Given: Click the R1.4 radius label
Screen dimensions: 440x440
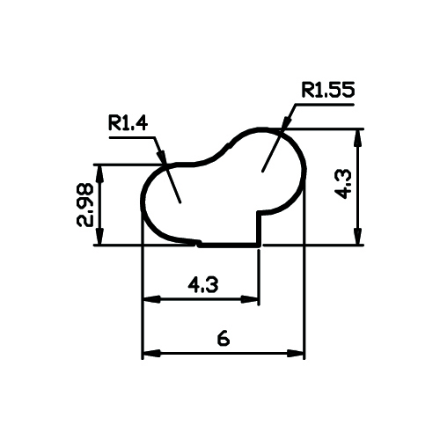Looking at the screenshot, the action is tap(128, 123).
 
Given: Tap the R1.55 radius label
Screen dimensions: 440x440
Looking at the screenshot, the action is tap(328, 90).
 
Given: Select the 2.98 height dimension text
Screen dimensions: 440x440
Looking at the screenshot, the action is tap(85, 205).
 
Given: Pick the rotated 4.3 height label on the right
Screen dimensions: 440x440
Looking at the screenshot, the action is tap(342, 184).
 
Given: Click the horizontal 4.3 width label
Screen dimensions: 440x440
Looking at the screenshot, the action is tap(203, 285).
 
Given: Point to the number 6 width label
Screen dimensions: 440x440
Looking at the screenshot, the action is tap(224, 339).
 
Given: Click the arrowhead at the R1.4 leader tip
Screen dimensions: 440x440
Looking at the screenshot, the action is tap(162, 157).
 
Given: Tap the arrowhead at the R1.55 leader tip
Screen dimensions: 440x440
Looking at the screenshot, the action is tap(286, 121).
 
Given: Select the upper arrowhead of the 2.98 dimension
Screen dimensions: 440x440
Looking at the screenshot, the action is tap(100, 173).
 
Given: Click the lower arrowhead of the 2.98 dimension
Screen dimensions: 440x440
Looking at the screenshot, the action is tap(100, 236).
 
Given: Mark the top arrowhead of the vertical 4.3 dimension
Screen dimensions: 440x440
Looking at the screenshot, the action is tap(357, 137).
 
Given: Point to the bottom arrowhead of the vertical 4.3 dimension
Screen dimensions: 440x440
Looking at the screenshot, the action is tap(357, 236).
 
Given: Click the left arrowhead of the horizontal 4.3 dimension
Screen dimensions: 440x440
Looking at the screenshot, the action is tap(151, 299).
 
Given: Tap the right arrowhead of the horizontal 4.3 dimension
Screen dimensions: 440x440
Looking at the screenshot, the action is tap(249, 299).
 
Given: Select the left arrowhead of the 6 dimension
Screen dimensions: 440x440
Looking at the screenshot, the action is tap(151, 353).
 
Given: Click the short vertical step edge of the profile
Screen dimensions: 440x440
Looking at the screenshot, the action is tap(259, 228).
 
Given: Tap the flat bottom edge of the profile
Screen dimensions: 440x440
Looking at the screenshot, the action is tap(229, 245).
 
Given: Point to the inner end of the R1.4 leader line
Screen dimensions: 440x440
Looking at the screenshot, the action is tap(180, 202).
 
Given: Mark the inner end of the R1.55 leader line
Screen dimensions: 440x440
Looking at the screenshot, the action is tap(262, 172).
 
